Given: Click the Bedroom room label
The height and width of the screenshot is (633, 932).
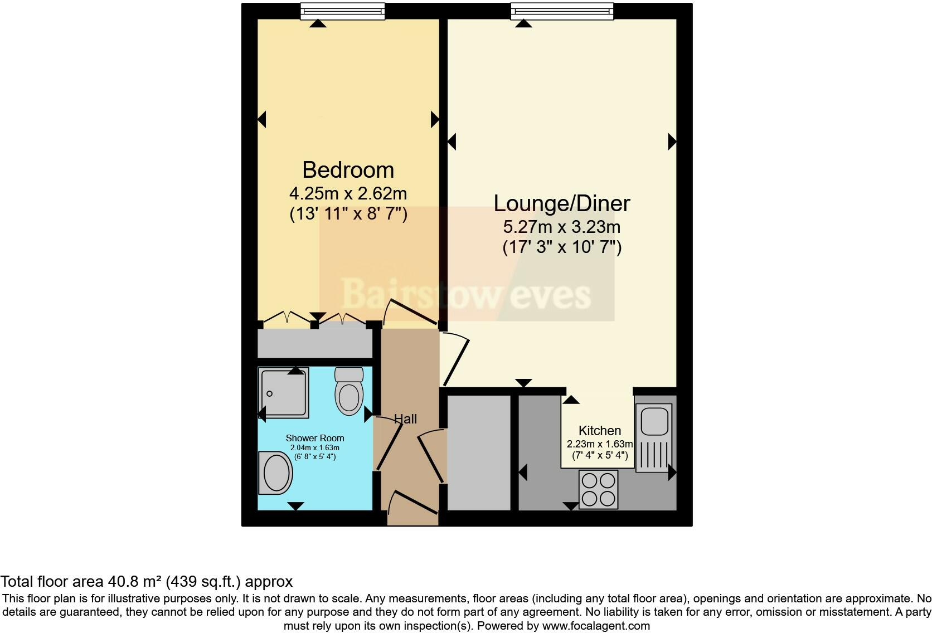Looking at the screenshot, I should pyautogui.click(x=348, y=169).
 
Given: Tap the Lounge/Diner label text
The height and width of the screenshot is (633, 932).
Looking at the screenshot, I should pyautogui.click(x=561, y=203).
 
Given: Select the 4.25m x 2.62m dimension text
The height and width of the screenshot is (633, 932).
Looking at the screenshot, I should pyautogui.click(x=348, y=193).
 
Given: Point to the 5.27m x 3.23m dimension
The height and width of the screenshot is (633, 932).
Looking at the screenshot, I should pyautogui.click(x=561, y=227).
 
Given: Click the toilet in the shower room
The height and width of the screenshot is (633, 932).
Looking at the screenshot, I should pyautogui.click(x=349, y=392).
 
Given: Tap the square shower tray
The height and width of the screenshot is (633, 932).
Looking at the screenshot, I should pyautogui.click(x=284, y=392).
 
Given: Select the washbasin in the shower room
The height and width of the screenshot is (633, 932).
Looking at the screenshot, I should pyautogui.click(x=276, y=473).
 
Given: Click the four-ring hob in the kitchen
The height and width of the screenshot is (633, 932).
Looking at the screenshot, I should pyautogui.click(x=598, y=489).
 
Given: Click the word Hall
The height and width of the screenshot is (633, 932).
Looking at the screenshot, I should pyautogui.click(x=405, y=419).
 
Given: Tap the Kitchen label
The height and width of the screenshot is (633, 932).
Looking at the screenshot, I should pyautogui.click(x=599, y=431).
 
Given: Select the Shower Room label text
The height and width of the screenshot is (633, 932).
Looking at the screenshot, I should pyautogui.click(x=314, y=438).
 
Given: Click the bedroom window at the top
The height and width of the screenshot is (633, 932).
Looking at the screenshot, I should pyautogui.click(x=342, y=11).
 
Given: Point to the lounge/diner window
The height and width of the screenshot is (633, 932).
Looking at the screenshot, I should pyautogui.click(x=561, y=11).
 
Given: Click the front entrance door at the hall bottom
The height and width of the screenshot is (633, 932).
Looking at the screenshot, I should pyautogui.click(x=412, y=504).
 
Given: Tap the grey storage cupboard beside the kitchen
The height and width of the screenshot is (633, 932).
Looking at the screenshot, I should pyautogui.click(x=479, y=452).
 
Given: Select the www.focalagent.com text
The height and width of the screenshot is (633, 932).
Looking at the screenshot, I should pyautogui.click(x=595, y=626).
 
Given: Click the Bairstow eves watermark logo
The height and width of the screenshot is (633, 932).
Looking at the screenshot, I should pyautogui.click(x=466, y=294).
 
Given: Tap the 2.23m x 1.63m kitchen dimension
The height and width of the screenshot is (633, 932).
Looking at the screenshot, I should pyautogui.click(x=599, y=444).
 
